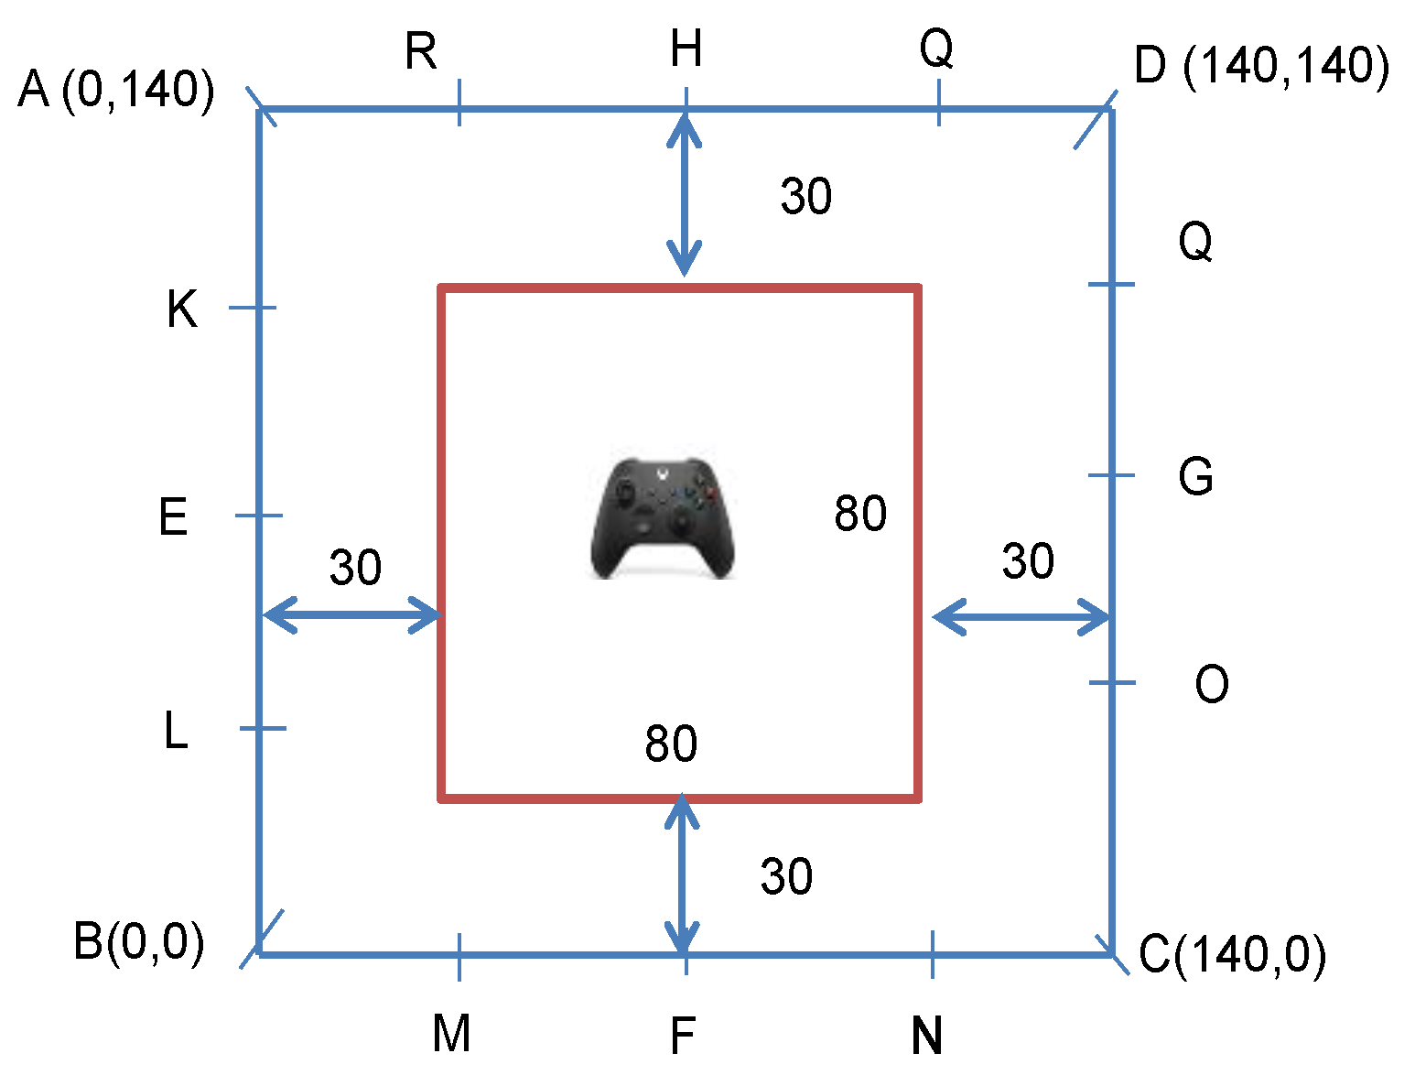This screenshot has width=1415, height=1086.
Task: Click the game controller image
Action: tap(662, 518)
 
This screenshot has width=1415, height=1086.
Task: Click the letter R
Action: tap(421, 51)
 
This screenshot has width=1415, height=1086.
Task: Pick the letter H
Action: tap(686, 49)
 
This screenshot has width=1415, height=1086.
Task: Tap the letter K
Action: tap(181, 310)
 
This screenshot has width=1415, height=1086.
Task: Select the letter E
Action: tap(173, 517)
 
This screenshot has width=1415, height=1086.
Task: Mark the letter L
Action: tap(176, 731)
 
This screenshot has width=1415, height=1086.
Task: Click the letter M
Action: tap(451, 1034)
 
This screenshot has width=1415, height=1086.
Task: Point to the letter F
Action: tap(683, 1037)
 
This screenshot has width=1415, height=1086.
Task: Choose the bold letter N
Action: tap(926, 1037)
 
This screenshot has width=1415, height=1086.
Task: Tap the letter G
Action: tap(1195, 477)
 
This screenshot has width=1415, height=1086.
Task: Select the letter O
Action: tap(1211, 684)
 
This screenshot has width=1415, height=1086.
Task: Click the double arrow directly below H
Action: tap(685, 194)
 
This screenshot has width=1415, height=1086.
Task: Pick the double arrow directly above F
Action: tap(682, 875)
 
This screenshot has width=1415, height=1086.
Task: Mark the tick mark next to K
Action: tap(252, 308)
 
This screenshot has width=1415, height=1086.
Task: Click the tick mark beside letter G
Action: tap(1111, 475)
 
